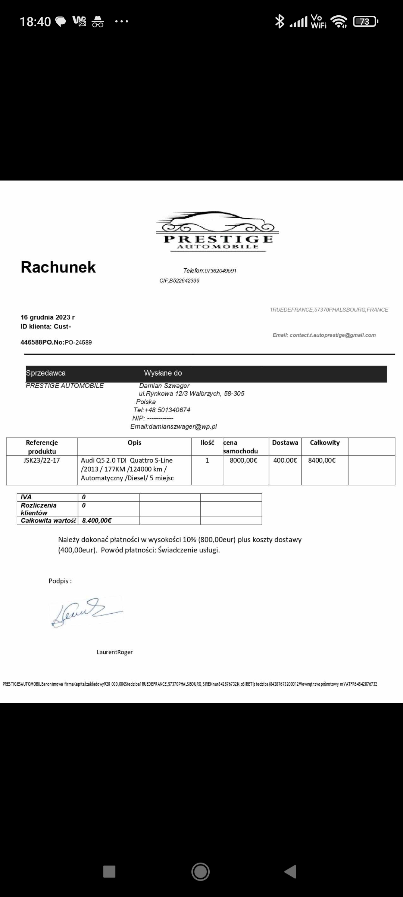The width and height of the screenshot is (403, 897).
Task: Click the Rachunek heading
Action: [x=58, y=267]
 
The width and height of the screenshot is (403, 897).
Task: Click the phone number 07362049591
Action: [x=220, y=271]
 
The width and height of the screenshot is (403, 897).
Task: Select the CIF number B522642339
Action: [x=184, y=281]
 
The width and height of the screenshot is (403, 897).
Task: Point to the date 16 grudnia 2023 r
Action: [x=47, y=317]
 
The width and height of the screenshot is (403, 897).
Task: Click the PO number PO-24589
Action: [x=78, y=342]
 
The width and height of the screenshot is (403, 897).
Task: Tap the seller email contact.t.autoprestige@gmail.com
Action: [x=332, y=335]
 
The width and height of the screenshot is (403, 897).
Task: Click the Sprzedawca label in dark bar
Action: [x=46, y=373]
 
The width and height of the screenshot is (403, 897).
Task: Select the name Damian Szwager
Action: [x=164, y=385]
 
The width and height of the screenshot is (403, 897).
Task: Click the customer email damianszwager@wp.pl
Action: [x=182, y=426]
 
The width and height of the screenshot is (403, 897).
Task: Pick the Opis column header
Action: [x=134, y=443]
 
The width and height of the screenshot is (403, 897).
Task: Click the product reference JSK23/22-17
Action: [x=41, y=460]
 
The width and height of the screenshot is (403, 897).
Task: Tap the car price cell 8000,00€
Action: [x=243, y=460]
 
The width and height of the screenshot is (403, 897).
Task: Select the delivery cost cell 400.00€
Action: [x=285, y=460]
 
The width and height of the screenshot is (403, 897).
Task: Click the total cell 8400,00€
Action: [x=322, y=460]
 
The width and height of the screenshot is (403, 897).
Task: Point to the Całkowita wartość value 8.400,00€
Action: [x=97, y=521]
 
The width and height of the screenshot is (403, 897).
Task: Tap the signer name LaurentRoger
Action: [x=115, y=652]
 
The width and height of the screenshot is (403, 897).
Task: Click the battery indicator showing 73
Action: [x=365, y=22]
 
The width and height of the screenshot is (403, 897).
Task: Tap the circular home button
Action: [x=200, y=872]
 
